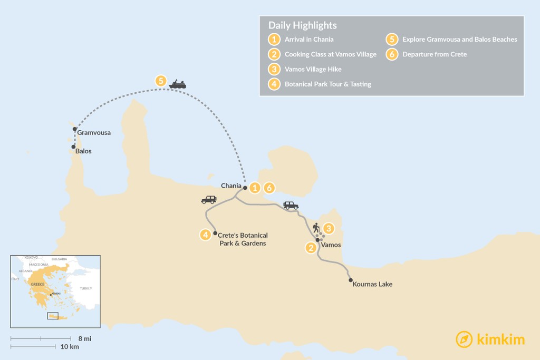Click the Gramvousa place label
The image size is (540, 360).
(x=94, y=133)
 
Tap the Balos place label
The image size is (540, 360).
(x=83, y=151)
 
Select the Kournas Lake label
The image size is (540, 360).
(x=373, y=285)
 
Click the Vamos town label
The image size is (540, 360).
(x=331, y=245)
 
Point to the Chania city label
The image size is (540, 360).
(x=231, y=186)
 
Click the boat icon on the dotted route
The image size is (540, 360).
(x=177, y=84)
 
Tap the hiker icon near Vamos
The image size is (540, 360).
(x=315, y=228)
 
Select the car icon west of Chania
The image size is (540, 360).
(x=209, y=200)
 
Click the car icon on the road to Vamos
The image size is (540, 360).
(x=291, y=206)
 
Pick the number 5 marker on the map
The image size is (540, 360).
(x=161, y=81)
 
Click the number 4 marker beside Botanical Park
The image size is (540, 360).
(x=206, y=235)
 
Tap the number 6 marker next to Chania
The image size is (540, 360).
(x=269, y=187)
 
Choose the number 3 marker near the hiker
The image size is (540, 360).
(x=329, y=228)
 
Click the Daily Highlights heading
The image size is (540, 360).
(x=302, y=25)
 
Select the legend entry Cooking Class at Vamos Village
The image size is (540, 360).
(x=330, y=54)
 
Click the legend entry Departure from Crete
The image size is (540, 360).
(x=434, y=54)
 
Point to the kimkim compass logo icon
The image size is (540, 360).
(x=464, y=339)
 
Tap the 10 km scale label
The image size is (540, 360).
(x=70, y=347)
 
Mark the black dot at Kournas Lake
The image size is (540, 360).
(x=351, y=280)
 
